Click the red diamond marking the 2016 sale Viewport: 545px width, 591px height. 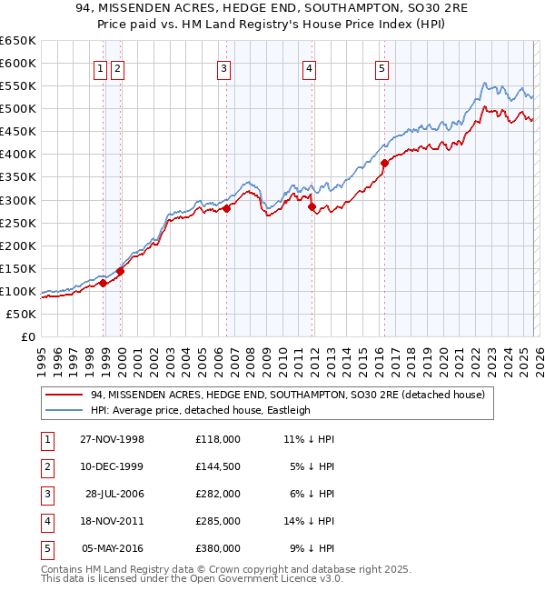click(384, 164)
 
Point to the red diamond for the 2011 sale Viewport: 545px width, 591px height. click(312, 207)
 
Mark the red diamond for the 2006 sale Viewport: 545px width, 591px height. click(226, 208)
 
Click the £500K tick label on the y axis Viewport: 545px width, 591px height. click(18, 109)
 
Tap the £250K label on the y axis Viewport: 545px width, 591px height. click(18, 223)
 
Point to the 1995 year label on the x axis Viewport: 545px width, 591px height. click(42, 359)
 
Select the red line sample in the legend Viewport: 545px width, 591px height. click(65, 395)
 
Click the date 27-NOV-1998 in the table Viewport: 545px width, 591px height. click(114, 439)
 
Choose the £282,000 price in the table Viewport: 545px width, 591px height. click(217, 494)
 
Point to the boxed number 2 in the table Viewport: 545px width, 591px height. click(45, 466)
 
